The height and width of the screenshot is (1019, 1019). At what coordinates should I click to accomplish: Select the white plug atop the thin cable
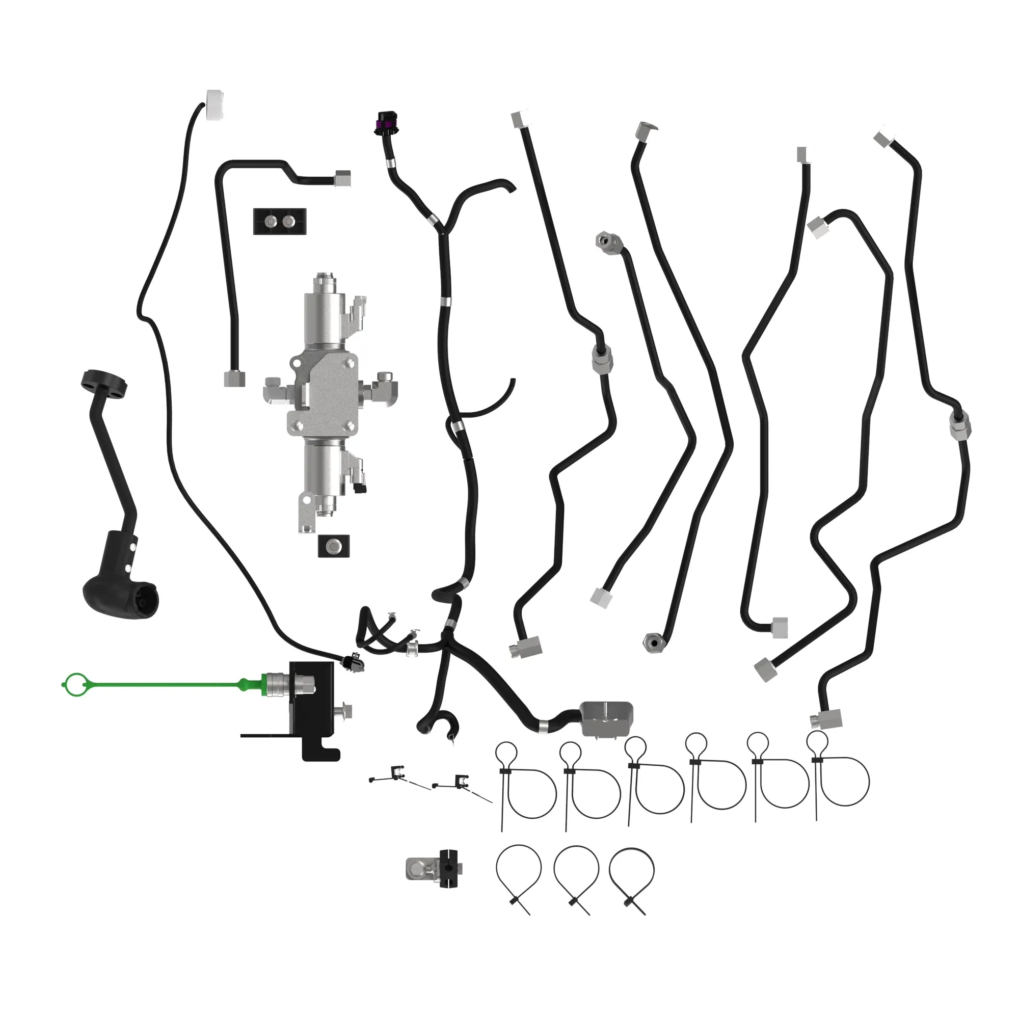[x=215, y=104]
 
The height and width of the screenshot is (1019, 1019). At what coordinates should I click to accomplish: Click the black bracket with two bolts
[x=280, y=222]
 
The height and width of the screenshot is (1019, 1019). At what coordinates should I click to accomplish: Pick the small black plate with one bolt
[x=334, y=546]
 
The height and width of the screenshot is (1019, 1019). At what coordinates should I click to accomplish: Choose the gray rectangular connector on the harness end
[x=605, y=718]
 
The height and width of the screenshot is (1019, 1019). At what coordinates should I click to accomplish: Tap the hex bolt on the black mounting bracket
[x=346, y=713]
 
